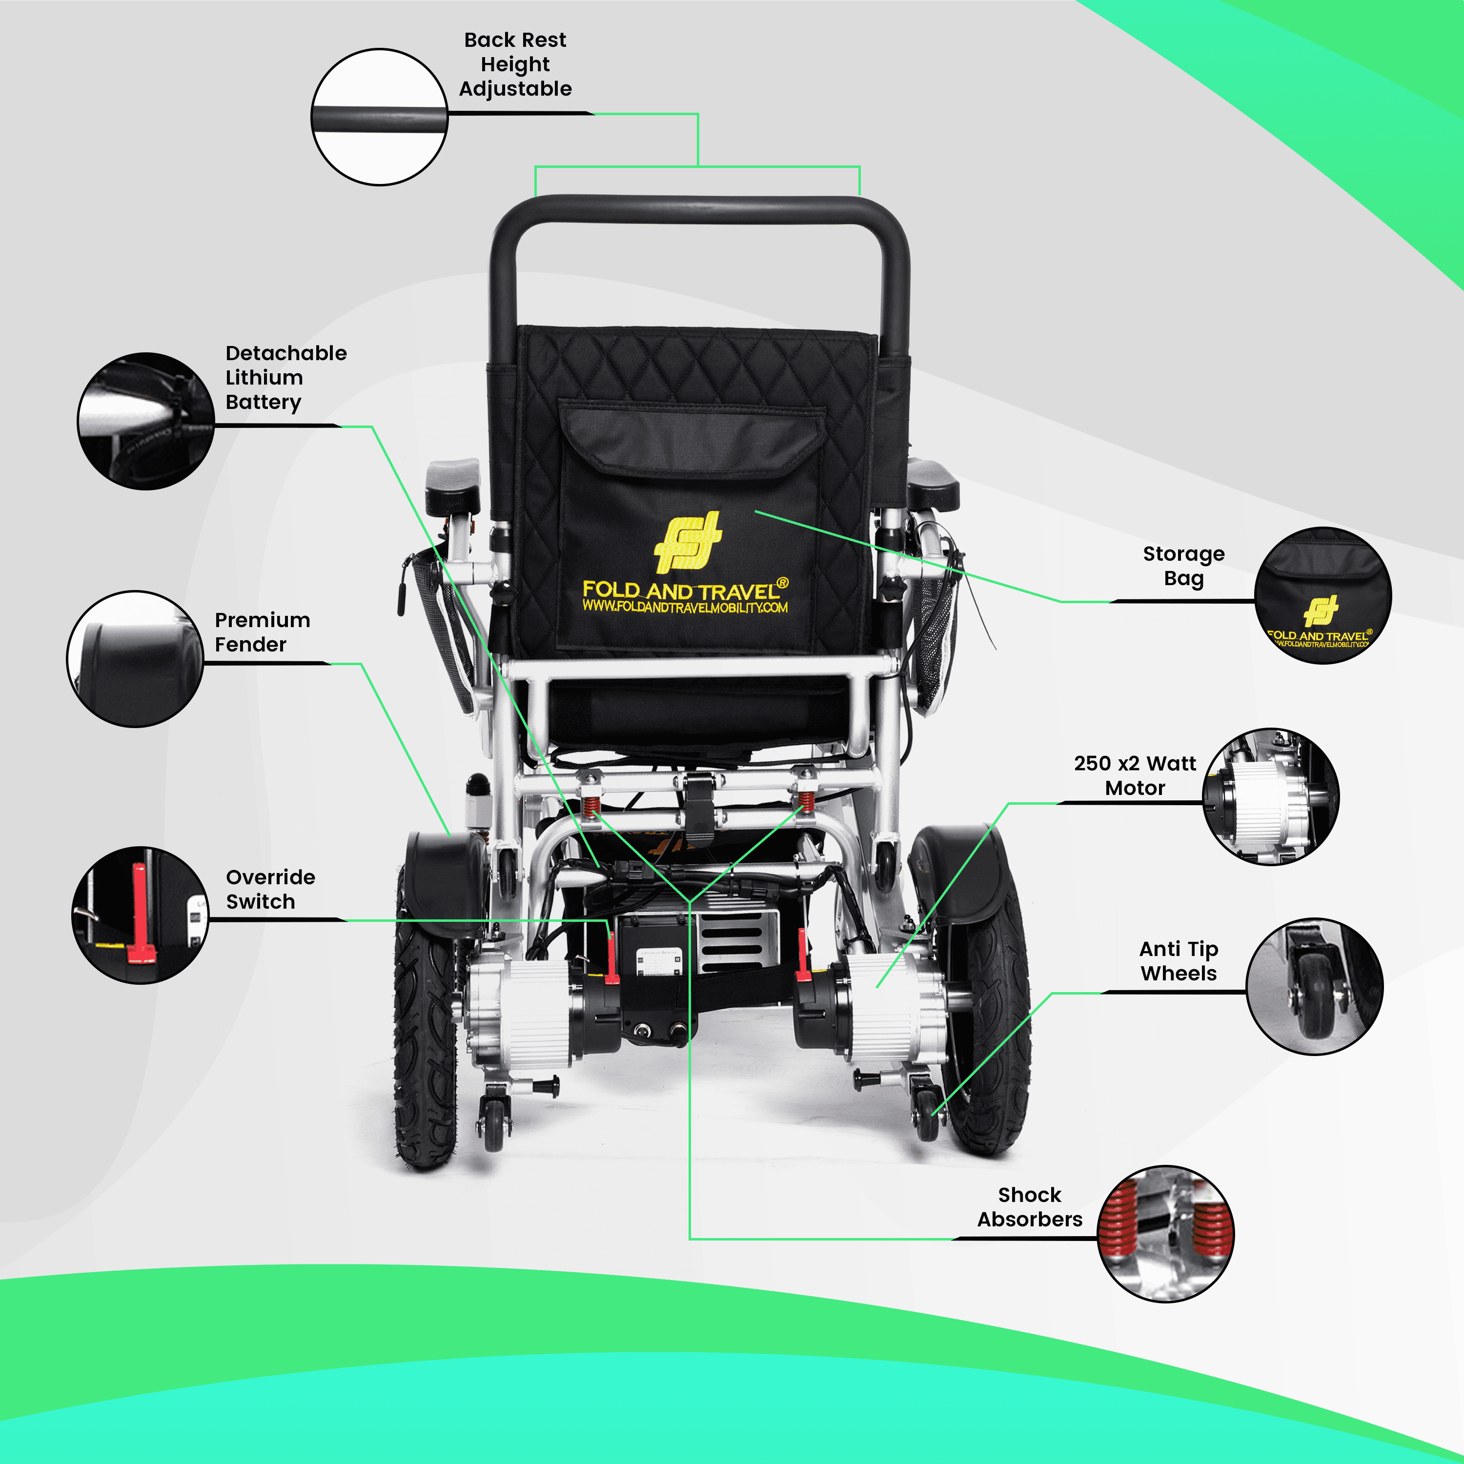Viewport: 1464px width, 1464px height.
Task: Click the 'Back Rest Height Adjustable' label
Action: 515,64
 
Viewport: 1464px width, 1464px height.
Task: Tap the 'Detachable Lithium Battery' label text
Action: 285,377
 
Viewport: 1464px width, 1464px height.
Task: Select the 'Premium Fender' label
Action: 262,632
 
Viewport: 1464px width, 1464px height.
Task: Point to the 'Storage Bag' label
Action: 1183,566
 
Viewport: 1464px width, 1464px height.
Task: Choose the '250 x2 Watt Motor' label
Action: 1135,775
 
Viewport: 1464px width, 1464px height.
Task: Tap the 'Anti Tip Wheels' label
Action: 1179,961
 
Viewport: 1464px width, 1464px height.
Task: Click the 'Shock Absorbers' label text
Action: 1030,1207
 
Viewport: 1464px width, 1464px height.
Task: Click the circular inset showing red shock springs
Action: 1165,1234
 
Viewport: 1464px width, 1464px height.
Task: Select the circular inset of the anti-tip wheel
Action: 1315,987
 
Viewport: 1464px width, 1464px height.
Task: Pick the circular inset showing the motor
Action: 1271,797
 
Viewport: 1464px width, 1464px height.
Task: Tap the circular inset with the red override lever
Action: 140,915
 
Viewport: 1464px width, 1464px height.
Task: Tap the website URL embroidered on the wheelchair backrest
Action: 685,607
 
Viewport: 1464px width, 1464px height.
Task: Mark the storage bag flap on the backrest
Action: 691,440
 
